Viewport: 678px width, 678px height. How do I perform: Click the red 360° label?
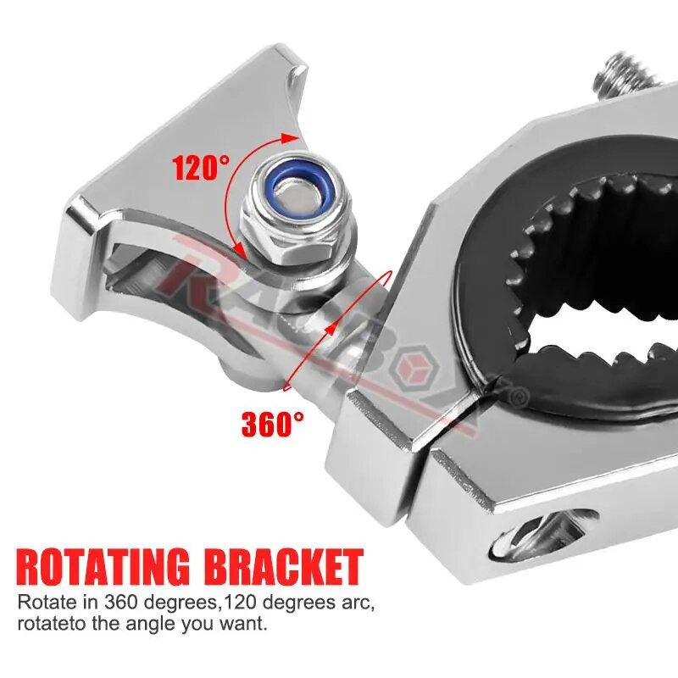(x=272, y=424)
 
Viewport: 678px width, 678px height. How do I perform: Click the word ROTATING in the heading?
(x=103, y=567)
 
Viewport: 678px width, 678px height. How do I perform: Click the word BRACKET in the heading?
(x=286, y=566)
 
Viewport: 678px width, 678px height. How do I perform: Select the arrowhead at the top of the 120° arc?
(x=290, y=138)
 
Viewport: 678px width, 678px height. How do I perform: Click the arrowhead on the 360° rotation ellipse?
(x=329, y=329)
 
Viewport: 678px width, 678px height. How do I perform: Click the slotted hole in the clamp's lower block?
(x=546, y=532)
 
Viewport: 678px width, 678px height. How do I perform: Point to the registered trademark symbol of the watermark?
(x=521, y=394)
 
